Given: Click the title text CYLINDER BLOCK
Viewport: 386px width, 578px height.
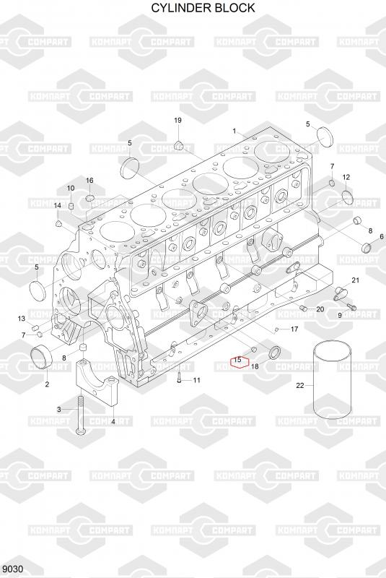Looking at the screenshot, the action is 203,8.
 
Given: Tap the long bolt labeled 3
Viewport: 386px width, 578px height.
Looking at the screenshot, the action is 80,414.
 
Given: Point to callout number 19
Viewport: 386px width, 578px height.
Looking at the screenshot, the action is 177,120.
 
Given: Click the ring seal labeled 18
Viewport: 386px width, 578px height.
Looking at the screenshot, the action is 274,353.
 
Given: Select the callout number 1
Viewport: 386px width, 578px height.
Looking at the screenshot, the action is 234,131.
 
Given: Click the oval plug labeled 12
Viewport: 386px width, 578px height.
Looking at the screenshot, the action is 348,197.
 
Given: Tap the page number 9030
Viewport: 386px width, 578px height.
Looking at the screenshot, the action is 12,569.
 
